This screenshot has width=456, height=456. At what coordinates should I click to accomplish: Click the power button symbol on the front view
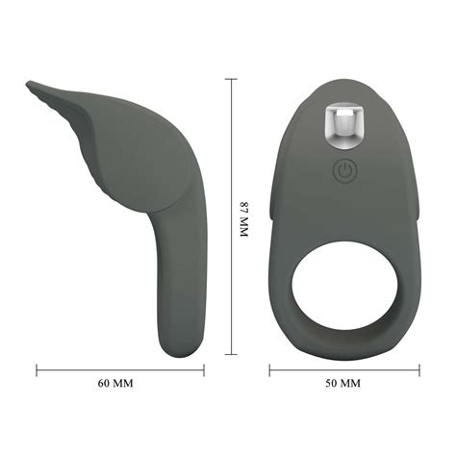344,172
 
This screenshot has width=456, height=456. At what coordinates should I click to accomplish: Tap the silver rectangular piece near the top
344,122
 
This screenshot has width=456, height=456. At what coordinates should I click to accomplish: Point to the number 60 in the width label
106,383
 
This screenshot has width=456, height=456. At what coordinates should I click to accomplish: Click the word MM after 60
124,383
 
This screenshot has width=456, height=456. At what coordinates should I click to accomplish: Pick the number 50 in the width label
332,383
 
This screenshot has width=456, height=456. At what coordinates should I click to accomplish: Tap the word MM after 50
351,383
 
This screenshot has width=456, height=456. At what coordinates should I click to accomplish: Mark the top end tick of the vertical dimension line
231,81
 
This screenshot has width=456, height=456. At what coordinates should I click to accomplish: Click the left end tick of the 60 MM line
38,367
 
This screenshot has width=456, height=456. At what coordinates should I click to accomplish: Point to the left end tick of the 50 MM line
270,367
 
